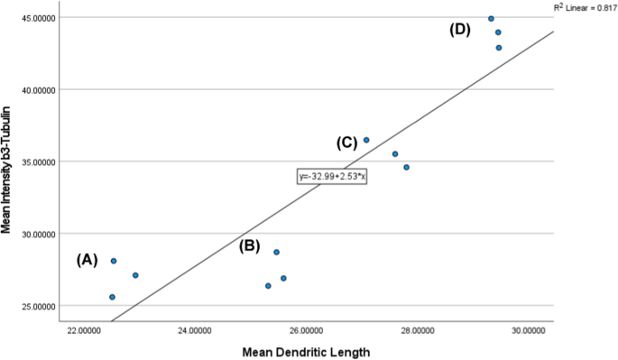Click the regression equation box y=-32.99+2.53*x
click(x=333, y=176)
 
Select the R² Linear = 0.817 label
click(x=585, y=7)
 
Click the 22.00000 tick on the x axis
click(x=84, y=331)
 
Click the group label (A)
click(x=87, y=260)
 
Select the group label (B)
click(x=250, y=245)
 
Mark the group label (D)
click(x=460, y=30)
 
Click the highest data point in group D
click(x=491, y=18)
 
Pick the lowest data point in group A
click(x=112, y=297)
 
